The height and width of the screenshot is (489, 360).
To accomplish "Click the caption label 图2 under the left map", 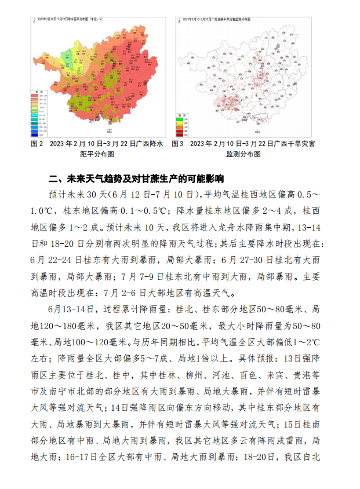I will [x=37, y=143].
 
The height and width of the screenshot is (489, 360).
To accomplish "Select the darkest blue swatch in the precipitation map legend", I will [x=35, y=132].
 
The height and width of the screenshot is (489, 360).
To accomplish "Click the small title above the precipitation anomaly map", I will [x=70, y=19].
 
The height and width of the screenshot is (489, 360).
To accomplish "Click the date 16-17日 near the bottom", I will [x=80, y=458].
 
